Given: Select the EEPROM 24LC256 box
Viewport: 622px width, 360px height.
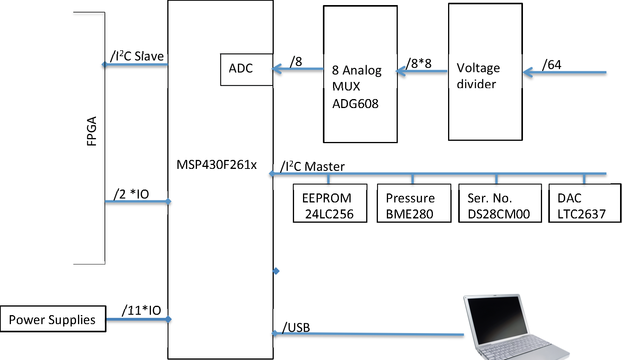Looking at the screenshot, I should tap(330, 203).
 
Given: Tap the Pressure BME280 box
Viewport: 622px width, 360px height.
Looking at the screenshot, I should tap(414, 203).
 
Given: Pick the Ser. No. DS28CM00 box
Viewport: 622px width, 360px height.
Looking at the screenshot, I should tap(500, 203).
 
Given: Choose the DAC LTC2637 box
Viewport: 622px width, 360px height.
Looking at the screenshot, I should tap(584, 203).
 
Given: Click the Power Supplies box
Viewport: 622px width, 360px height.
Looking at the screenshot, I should tap(53, 319).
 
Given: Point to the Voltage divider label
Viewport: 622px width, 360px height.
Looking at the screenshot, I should tap(478, 76).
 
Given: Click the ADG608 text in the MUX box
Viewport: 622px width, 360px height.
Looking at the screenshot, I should tap(355, 104).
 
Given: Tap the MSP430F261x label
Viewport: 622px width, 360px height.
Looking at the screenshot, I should tap(216, 165).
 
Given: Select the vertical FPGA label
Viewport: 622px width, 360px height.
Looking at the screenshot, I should tap(92, 131).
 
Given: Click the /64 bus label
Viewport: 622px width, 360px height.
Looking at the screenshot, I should tap(551, 65).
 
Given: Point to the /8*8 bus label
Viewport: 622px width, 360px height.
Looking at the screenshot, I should tap(418, 63).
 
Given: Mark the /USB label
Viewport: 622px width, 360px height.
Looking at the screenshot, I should tap(296, 328).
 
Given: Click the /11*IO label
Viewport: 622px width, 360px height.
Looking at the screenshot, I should tap(141, 310).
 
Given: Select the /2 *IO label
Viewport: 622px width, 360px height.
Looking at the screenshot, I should tap(131, 194).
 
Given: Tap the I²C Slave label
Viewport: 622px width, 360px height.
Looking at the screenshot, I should tap(137, 56).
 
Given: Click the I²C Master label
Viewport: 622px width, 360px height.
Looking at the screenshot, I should tap(312, 167).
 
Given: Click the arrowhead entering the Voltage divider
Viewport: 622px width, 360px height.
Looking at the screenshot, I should tap(528, 72).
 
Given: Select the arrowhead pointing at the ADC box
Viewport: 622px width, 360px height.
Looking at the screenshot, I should tap(277, 69).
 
